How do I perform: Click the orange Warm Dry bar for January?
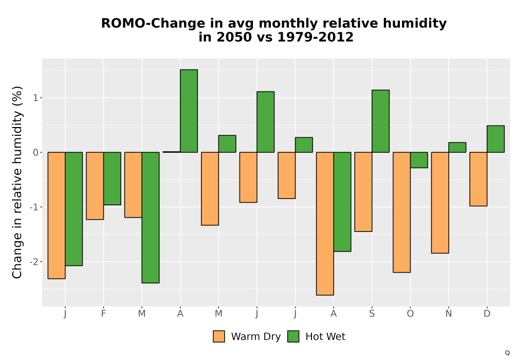coord(57,215)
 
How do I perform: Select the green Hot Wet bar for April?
coord(189,111)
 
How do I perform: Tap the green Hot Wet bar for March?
coord(151,218)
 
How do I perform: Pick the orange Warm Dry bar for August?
coord(325,224)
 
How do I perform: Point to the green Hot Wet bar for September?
coord(380,121)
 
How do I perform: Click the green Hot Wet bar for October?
coord(419,160)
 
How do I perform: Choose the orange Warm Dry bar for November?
coord(440,203)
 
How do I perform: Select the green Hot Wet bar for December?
coord(495,139)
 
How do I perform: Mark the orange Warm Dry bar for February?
coord(95,186)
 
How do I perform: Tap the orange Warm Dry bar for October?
coord(401,212)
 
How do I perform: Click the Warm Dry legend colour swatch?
coord(218,336)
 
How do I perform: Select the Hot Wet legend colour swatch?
coord(293,336)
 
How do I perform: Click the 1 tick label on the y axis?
coord(36,98)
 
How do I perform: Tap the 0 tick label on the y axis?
coord(36,152)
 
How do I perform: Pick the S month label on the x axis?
coord(372,314)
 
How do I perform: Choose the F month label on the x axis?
coord(103,314)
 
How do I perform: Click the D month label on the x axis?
coord(487,314)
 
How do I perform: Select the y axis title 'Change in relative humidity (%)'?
coord(17,182)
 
